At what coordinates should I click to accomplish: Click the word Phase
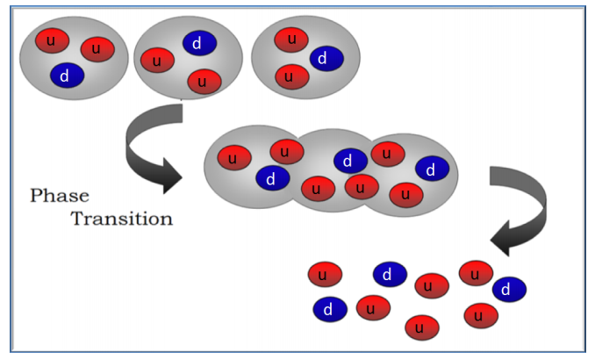tap(60, 196)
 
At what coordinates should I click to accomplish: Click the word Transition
tap(121, 219)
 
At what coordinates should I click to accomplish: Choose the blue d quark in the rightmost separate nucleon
tap(326, 59)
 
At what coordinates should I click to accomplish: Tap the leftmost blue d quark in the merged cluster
tap(272, 178)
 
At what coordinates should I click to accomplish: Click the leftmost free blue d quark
tap(329, 308)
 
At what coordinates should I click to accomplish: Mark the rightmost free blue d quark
tap(508, 289)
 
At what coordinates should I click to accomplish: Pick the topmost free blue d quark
tap(390, 275)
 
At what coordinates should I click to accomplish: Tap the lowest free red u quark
tap(421, 328)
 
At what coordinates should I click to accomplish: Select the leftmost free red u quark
tap(324, 275)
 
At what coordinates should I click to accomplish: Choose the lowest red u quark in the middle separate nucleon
tap(204, 82)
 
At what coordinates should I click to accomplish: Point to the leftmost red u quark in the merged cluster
tap(233, 159)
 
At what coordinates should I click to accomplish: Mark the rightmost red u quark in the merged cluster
tap(405, 193)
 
